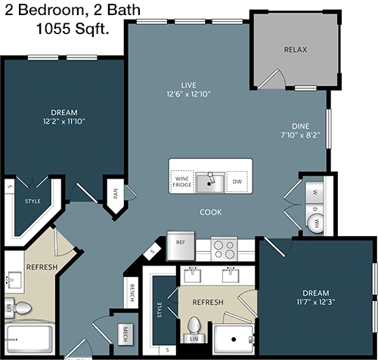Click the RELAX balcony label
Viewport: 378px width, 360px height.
296,50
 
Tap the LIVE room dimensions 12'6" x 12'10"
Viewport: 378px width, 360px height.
188,95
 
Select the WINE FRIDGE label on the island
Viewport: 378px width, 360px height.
182,182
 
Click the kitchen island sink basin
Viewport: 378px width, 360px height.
210,183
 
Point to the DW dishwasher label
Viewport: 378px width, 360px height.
237,182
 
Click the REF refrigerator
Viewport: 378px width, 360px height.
181,246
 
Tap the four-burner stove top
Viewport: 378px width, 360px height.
224,249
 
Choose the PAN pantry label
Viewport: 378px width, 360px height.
116,194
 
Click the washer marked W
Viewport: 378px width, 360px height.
314,192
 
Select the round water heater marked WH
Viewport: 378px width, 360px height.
315,224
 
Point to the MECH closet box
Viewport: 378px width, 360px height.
125,334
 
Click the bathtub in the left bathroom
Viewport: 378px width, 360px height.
29,340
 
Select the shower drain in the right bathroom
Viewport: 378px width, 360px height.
234,340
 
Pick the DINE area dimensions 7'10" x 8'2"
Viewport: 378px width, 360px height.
300,135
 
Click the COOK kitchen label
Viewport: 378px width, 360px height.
211,213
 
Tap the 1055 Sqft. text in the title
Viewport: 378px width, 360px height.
73,29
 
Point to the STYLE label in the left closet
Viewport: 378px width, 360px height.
33,201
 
